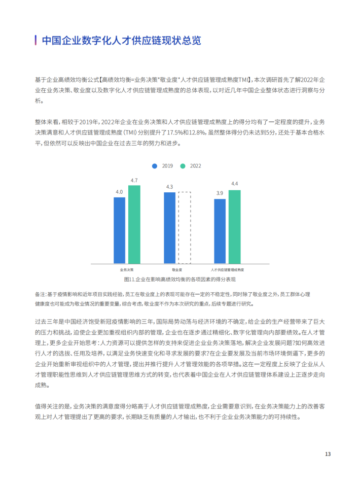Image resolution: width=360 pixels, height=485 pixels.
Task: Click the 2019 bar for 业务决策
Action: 119,230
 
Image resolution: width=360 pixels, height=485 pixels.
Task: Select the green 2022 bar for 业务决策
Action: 134,224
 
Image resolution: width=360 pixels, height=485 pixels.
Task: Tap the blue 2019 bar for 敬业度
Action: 170,228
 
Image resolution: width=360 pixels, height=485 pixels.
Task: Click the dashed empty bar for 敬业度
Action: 185,228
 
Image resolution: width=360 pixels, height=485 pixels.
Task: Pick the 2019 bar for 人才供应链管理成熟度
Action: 220,231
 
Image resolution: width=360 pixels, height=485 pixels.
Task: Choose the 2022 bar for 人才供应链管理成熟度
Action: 234,227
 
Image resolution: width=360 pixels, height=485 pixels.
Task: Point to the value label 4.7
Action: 134,180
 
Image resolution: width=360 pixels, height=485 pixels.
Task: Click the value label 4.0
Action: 119,192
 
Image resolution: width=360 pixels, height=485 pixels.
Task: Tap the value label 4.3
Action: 170,187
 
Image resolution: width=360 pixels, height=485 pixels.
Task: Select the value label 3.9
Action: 220,193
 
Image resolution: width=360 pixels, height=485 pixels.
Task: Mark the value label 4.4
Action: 234,184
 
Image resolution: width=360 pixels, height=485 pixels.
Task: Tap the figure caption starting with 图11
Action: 180,279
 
